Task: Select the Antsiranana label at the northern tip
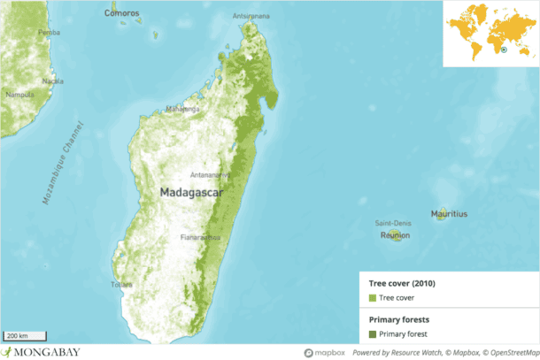pyautogui.click(x=251, y=17)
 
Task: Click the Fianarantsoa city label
pyautogui.click(x=200, y=237)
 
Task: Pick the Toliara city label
pyautogui.click(x=121, y=285)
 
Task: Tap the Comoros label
pyautogui.click(x=122, y=13)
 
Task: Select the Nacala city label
pyautogui.click(x=52, y=81)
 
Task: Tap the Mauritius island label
pyautogui.click(x=449, y=214)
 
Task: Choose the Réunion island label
pyautogui.click(x=395, y=236)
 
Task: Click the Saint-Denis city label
pyautogui.click(x=394, y=223)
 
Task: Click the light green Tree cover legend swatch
pyautogui.click(x=372, y=298)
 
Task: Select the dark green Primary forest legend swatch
pyautogui.click(x=372, y=333)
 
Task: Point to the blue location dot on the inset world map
pyautogui.click(x=503, y=50)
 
